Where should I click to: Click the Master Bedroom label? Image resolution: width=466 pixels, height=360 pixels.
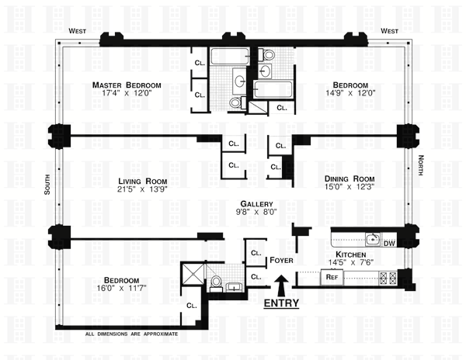(127, 85)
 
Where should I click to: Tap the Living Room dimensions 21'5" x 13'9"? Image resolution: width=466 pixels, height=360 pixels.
(142, 189)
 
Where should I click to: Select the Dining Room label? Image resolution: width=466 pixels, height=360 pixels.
(349, 179)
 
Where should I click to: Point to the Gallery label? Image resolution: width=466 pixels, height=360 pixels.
(256, 204)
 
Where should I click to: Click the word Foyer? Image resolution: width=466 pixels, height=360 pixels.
(281, 260)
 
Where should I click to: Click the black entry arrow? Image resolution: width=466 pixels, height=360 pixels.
(281, 286)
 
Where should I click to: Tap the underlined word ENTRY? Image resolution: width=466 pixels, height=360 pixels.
(281, 303)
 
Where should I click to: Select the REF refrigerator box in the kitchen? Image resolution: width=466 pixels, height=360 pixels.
(332, 277)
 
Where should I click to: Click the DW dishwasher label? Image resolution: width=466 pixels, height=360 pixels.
(389, 244)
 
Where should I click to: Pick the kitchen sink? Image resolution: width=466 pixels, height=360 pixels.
(373, 239)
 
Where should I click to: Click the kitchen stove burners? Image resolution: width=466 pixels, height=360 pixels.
(388, 279)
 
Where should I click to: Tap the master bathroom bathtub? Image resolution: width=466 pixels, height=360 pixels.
(229, 57)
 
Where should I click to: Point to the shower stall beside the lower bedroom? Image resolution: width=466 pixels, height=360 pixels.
(193, 274)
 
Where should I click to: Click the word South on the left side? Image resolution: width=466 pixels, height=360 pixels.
(47, 185)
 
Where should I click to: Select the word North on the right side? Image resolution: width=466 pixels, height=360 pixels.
(420, 165)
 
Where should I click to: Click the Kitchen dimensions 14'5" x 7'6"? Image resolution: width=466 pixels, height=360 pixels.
(351, 262)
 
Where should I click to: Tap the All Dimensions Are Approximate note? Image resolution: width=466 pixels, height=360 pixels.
(132, 334)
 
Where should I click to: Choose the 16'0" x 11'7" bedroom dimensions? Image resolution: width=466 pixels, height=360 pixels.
(122, 288)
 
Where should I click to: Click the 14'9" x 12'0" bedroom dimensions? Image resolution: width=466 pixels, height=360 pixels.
(350, 93)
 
